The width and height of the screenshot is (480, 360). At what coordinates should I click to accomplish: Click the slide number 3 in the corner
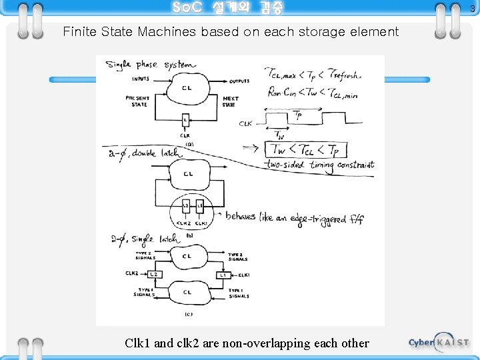472,9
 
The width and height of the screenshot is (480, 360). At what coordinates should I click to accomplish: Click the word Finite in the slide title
79,32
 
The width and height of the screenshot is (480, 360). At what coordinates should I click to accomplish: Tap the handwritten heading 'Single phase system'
151,65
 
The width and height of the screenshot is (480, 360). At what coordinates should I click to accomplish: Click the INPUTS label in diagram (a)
141,79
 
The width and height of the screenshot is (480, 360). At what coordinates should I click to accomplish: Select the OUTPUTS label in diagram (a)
239,81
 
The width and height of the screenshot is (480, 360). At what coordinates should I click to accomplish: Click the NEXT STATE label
231,101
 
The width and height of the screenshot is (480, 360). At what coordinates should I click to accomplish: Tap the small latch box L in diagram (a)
185,120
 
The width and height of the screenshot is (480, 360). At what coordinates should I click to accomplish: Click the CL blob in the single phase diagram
188,89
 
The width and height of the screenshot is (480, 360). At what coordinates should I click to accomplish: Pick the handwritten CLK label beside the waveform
245,123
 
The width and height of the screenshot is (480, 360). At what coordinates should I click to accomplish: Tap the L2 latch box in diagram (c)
153,274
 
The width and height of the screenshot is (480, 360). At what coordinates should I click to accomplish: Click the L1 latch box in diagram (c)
222,275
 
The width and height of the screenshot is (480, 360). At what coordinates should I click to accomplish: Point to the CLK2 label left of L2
132,273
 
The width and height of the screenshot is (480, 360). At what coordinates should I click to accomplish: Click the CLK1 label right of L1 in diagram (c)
243,275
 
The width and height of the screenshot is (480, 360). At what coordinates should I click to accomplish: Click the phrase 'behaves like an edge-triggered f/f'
294,217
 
